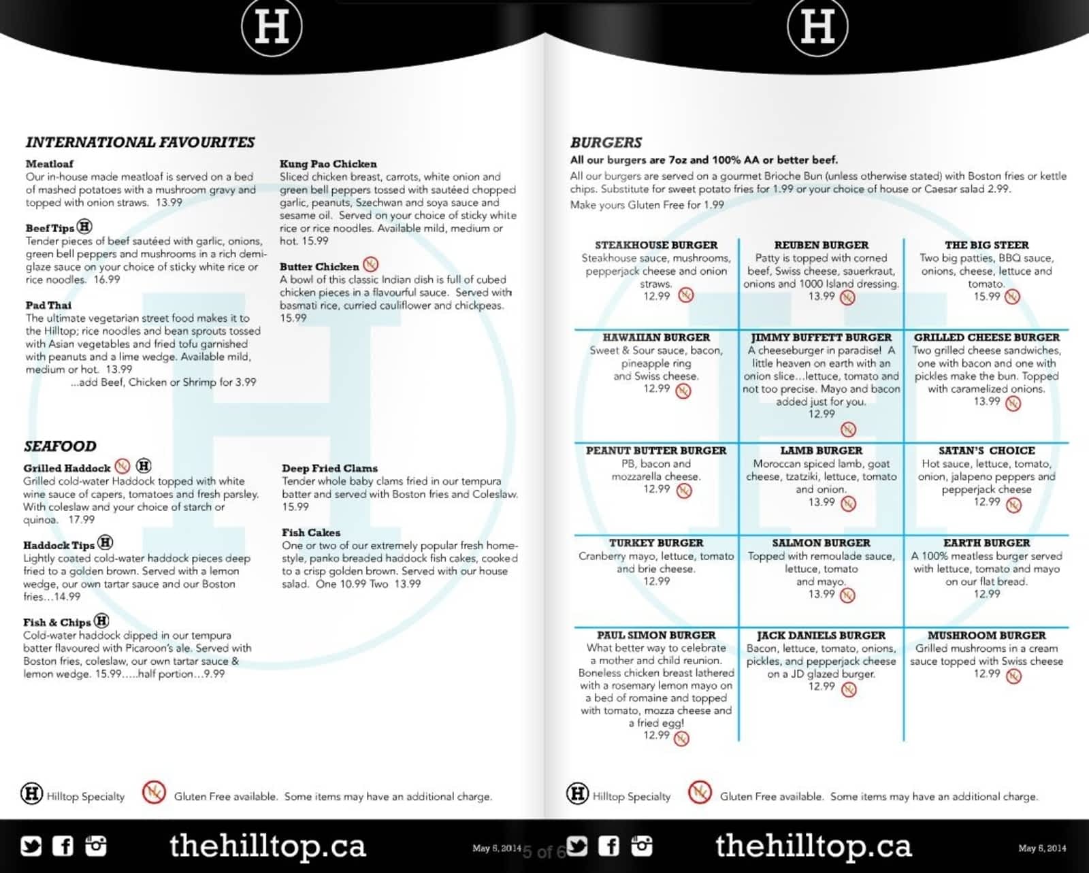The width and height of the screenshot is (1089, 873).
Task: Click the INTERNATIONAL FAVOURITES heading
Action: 140,142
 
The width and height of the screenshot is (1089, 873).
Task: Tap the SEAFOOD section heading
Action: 60,446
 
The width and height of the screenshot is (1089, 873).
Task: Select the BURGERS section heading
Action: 606,142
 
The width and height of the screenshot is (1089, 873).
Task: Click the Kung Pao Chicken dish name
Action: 328,164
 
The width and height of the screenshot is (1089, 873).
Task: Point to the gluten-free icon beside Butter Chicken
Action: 370,264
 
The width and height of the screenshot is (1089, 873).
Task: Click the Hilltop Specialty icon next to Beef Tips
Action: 84,227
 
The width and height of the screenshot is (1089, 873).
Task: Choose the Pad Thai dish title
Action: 48,305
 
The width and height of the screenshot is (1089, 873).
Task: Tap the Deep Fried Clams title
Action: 329,468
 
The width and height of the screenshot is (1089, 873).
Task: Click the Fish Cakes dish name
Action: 311,533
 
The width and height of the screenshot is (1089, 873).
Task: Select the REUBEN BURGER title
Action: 821,245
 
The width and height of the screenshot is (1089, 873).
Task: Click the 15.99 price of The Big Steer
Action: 986,297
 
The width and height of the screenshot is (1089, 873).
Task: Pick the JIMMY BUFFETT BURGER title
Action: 821,337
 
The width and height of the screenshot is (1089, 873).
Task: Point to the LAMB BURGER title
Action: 821,450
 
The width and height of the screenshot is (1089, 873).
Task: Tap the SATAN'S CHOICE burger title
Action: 986,450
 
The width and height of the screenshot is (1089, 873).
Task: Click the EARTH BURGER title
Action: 986,543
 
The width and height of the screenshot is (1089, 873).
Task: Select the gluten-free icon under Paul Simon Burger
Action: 681,738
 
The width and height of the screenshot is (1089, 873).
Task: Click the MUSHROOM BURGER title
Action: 986,636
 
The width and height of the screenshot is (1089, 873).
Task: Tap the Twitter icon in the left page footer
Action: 31,846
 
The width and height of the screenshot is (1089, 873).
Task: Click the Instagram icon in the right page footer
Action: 641,846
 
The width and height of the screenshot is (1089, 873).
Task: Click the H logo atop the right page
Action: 817,27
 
